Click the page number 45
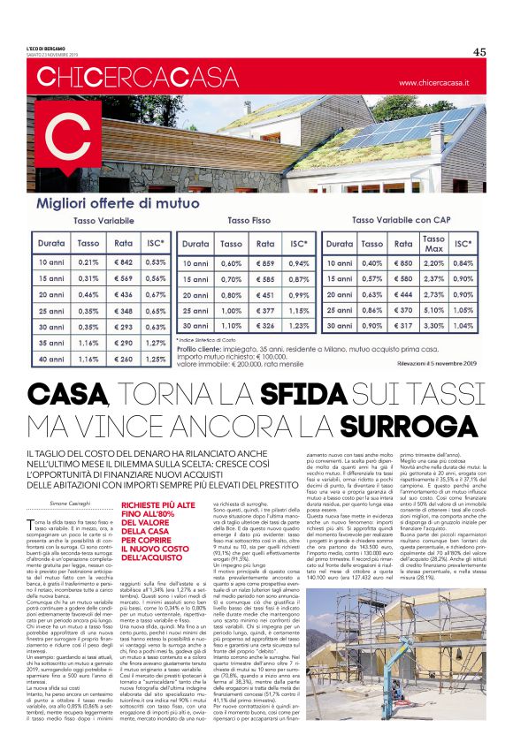[x=479, y=51]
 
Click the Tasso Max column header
[x=433, y=243]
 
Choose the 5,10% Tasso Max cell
[x=433, y=310]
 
